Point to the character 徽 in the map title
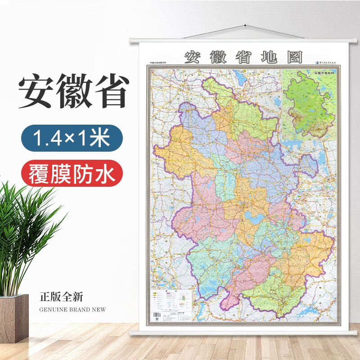[x=217, y=56]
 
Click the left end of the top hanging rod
[x=132, y=41]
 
